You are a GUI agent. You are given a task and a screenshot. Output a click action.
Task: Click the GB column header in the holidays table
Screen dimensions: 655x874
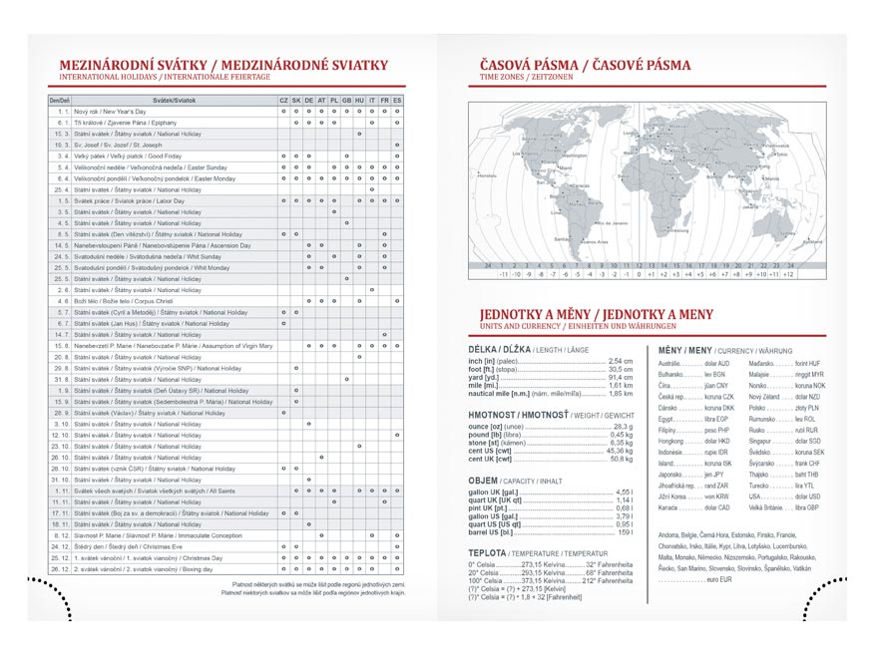(346, 101)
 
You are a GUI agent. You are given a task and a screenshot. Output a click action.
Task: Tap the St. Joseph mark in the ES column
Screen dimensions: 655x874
(397, 145)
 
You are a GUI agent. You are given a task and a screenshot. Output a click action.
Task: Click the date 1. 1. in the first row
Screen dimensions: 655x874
(61, 112)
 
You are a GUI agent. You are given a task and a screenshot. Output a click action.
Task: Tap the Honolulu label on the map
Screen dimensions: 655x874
(487, 175)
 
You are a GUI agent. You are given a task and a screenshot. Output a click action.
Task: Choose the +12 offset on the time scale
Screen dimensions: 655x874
(788, 273)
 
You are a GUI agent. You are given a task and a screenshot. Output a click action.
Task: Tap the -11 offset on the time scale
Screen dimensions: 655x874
(504, 273)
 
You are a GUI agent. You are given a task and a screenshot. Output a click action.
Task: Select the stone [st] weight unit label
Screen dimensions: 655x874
(489, 442)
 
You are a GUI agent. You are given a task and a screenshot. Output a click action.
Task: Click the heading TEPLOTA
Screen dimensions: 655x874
(487, 551)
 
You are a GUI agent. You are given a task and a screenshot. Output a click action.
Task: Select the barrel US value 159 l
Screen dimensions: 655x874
(626, 532)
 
